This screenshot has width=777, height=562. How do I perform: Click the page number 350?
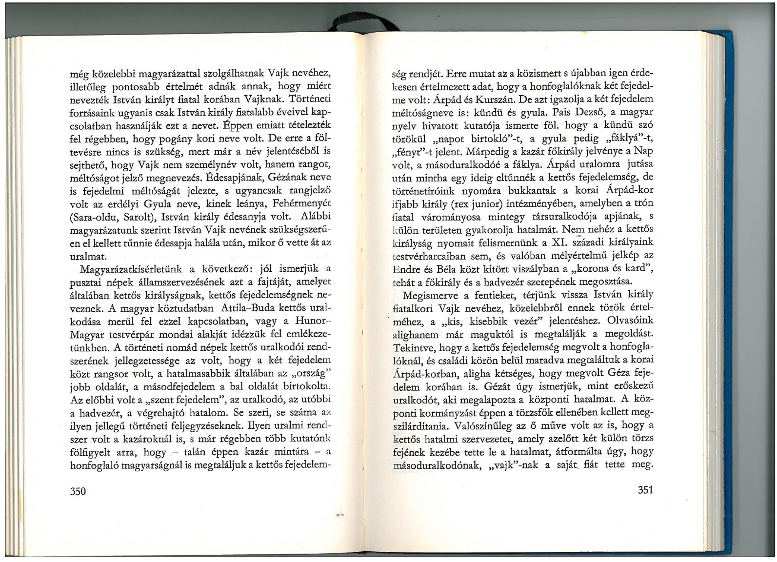pos(78,491)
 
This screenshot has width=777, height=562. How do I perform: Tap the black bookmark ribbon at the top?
pos(363,22)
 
